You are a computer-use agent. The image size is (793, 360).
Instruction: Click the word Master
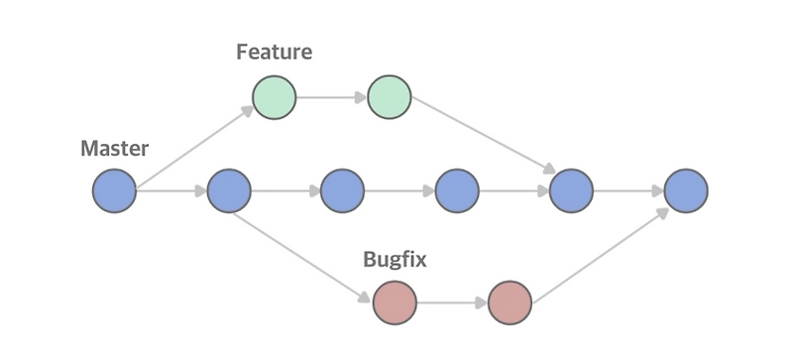(x=114, y=149)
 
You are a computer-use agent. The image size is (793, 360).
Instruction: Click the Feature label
(x=274, y=53)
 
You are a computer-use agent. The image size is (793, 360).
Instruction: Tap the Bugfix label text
(x=395, y=260)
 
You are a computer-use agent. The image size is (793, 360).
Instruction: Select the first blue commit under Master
(x=114, y=190)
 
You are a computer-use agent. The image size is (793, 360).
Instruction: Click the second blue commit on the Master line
(x=229, y=190)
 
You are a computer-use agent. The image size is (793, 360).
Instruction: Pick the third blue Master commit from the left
(x=343, y=190)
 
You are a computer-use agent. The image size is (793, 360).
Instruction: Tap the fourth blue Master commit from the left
(x=457, y=190)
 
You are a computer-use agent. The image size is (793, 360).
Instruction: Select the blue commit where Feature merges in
(x=571, y=190)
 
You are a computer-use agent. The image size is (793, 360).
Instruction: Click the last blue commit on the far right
(x=686, y=190)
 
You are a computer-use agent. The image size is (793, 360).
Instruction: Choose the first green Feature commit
(x=275, y=98)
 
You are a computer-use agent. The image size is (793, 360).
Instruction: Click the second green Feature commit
(x=389, y=98)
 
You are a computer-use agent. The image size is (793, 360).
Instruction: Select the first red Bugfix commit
(x=395, y=302)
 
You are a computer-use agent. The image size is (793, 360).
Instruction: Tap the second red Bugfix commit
(x=510, y=302)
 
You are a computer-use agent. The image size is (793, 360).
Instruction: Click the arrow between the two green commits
(x=331, y=98)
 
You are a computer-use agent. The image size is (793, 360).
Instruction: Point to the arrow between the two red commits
(x=452, y=302)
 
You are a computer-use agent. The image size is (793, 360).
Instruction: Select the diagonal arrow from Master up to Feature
(x=194, y=145)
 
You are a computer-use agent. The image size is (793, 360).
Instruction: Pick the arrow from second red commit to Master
(x=601, y=248)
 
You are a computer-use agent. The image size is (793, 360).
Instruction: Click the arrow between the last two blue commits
(x=628, y=190)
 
